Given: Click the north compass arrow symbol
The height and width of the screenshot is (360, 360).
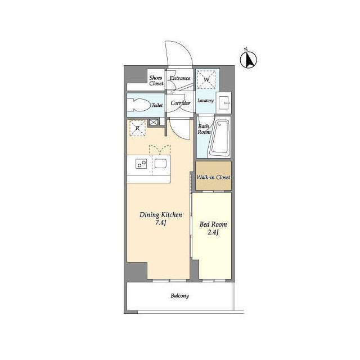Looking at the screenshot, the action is [249, 60].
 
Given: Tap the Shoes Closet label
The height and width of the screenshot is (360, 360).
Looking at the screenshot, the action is [156, 80].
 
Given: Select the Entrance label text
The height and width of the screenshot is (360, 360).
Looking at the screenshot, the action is [180, 78].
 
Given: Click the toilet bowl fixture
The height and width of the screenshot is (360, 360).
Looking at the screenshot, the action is [138, 105].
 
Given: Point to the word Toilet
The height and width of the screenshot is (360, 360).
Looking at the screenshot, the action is [157, 105].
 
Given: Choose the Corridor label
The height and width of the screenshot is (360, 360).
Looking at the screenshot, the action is [181, 103].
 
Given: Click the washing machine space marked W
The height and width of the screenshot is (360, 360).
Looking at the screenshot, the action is [206, 79].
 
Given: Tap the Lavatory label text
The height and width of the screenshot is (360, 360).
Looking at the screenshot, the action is [206, 101].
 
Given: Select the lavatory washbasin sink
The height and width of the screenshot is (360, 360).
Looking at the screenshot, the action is [224, 102].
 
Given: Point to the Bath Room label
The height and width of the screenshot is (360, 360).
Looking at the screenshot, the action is [204, 129].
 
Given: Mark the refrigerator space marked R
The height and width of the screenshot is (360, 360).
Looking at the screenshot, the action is [137, 128].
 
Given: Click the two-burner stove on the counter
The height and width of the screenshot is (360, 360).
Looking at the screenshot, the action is [141, 164].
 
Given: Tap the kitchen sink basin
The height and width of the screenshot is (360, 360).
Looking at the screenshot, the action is [160, 164].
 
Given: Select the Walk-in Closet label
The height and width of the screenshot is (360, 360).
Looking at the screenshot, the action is [213, 177].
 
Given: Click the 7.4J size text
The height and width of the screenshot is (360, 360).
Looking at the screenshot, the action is [161, 223].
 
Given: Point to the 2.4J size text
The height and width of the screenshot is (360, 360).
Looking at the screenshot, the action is [213, 232].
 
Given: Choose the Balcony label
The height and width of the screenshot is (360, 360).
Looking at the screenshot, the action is [180, 296].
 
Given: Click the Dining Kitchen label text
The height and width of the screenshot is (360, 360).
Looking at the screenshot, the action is [161, 215].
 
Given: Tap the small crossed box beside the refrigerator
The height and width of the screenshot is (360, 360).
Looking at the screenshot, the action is [154, 122].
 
